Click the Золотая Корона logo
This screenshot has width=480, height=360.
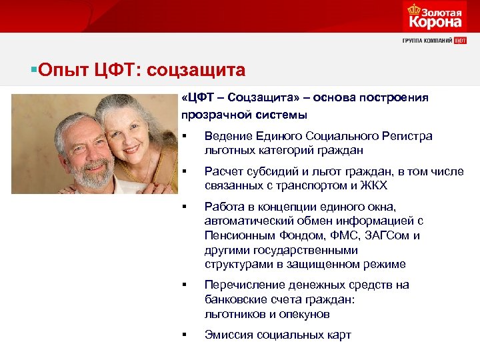pyautogui.click(x=434, y=17)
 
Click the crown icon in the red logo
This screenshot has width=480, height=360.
pyautogui.click(x=411, y=10)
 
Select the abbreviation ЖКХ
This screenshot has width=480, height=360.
pyautogui.click(x=373, y=185)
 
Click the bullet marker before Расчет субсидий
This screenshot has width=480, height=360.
pyautogui.click(x=183, y=171)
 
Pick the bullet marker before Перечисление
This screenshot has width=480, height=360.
pyautogui.click(x=183, y=285)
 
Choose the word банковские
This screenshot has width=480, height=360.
pyautogui.click(x=235, y=299)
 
